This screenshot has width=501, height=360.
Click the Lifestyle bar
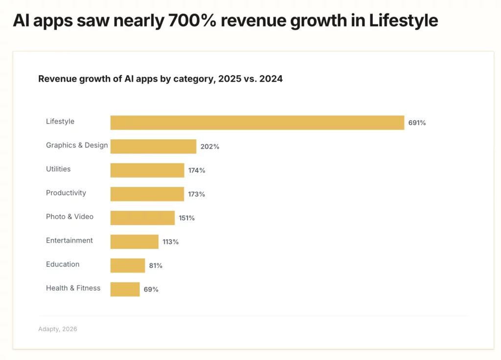tap(257, 123)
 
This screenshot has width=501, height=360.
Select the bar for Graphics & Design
tap(153, 146)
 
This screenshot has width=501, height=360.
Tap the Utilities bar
tap(147, 170)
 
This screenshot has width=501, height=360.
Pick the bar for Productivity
tap(147, 194)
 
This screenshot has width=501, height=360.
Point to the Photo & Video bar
tap(142, 218)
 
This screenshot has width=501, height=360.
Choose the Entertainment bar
tap(135, 242)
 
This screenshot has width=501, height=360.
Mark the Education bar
tap(128, 266)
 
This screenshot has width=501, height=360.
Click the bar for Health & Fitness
tap(125, 289)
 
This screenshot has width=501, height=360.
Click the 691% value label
tap(417, 123)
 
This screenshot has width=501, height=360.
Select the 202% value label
tap(209, 147)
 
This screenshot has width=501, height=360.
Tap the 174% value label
tap(197, 171)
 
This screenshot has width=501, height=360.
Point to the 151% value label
tap(186, 218)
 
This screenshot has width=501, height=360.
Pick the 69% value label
tap(151, 290)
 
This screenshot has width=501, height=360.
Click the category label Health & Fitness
tap(73, 288)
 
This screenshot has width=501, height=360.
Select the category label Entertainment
tap(69, 241)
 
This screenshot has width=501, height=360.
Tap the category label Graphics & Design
tap(77, 145)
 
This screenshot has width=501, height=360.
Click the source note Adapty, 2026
tap(58, 329)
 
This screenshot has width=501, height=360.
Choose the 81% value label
tap(156, 266)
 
